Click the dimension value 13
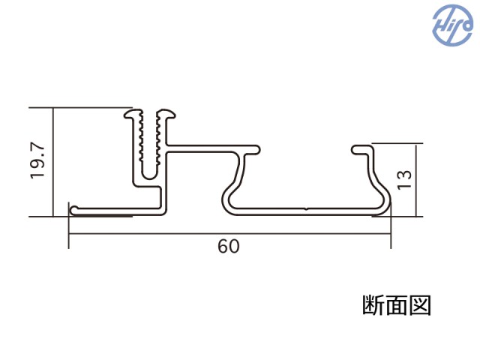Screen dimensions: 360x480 [405, 178]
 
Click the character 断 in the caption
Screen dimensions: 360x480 [373, 306]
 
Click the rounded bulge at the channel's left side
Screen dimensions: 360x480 [227, 197]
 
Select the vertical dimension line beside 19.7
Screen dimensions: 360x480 [54, 161]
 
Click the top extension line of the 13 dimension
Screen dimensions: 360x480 [401, 141]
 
